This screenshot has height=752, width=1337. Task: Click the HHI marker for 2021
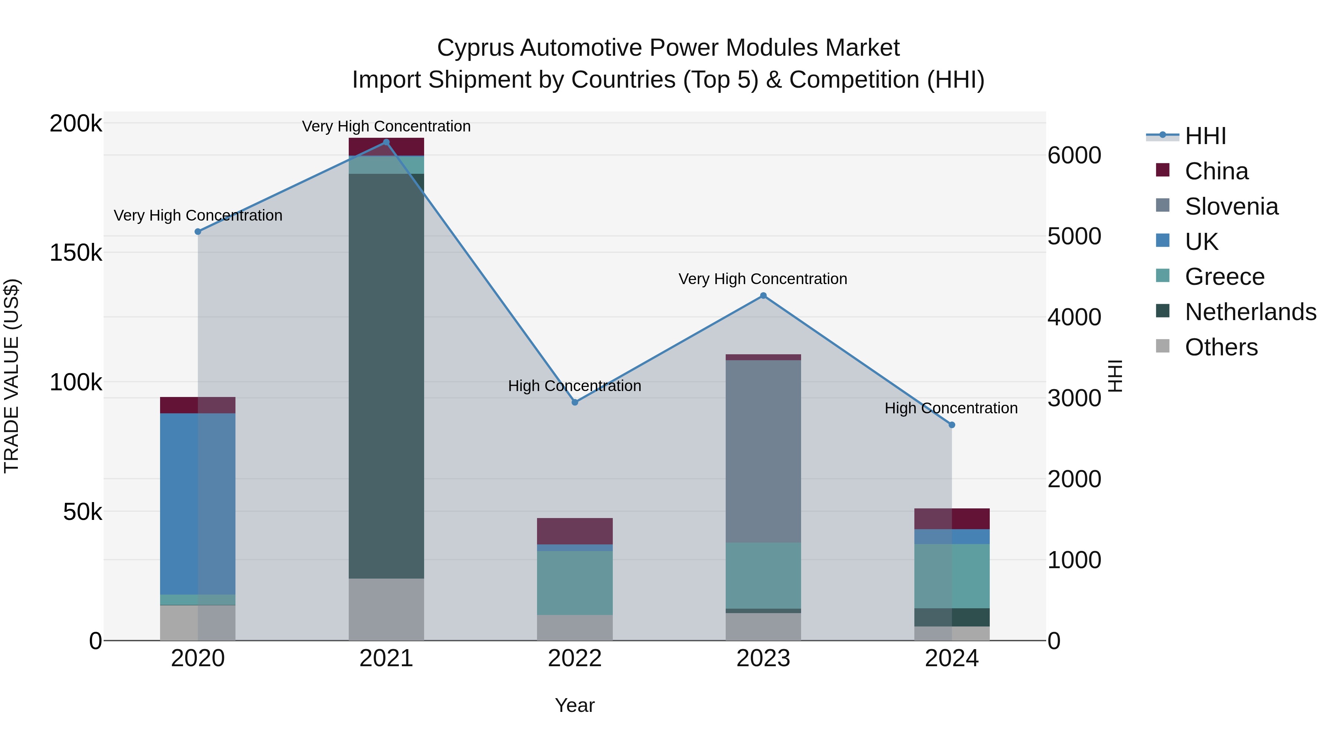386,142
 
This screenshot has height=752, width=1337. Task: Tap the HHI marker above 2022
575,402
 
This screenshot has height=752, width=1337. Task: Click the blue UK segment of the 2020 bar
197,504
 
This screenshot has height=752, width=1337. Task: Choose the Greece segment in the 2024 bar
952,576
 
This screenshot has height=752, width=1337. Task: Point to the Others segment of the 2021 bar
386,609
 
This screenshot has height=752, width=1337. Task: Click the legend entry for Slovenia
1231,206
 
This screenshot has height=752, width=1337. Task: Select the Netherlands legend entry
1250,312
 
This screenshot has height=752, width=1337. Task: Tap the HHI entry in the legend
1205,136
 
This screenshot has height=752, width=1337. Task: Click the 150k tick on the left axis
76,253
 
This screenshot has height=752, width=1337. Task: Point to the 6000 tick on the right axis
1074,155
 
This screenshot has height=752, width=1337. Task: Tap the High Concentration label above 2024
951,408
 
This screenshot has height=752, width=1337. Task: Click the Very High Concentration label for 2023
762,279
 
